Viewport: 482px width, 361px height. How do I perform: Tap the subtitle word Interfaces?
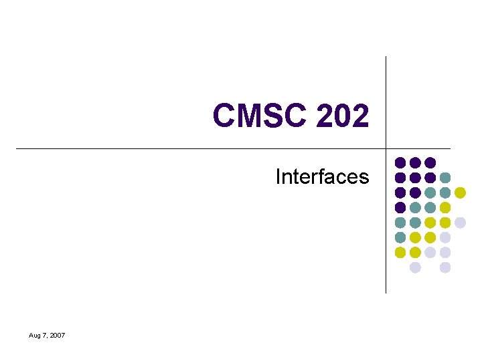(322, 176)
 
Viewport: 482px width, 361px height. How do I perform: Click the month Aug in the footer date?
(35, 335)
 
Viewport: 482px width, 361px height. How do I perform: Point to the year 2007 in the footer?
(56, 335)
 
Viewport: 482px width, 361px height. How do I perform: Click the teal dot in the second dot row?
(445, 177)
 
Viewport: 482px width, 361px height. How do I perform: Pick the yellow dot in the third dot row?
(460, 193)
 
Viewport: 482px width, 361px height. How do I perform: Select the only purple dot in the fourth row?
(400, 207)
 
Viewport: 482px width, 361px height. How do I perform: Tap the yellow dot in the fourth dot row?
(445, 207)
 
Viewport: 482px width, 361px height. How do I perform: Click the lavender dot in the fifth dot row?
(460, 223)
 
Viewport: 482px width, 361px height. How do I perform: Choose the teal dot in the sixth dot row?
(400, 237)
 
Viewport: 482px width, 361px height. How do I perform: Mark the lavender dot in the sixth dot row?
(445, 237)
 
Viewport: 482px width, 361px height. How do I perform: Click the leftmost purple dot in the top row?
(400, 162)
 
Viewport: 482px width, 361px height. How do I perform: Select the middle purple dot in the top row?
(415, 162)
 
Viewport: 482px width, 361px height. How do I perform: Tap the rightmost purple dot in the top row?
(430, 162)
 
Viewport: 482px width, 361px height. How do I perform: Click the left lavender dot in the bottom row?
(415, 267)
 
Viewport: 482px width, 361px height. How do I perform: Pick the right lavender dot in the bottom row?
(445, 267)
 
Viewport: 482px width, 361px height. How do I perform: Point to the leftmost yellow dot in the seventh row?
(400, 253)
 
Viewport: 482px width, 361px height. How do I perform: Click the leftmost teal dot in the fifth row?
(400, 223)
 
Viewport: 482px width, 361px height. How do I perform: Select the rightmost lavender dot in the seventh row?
(445, 253)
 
